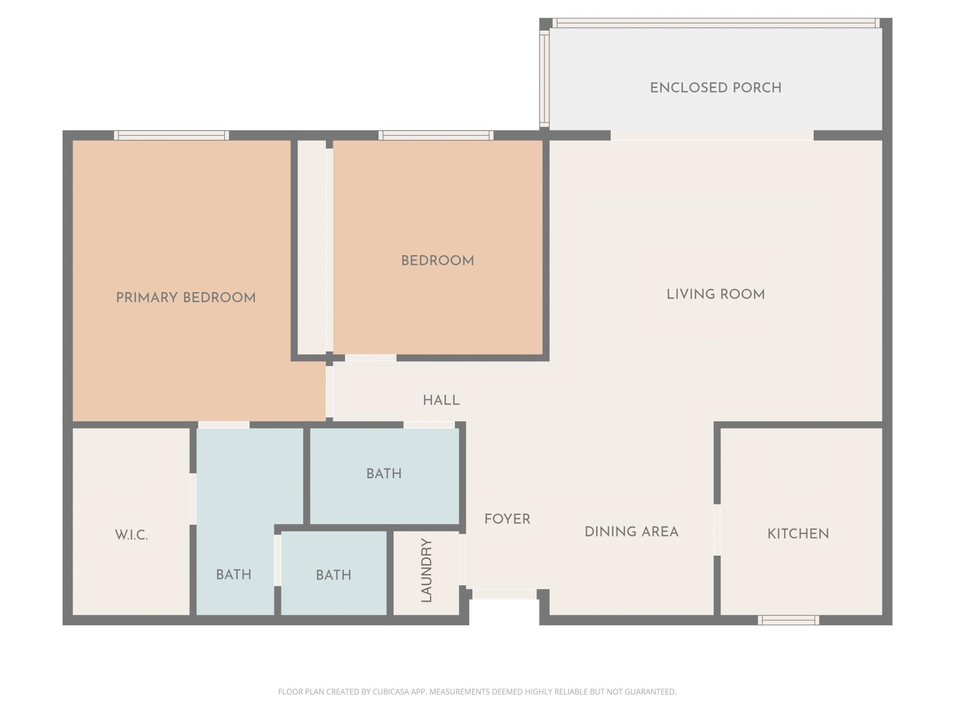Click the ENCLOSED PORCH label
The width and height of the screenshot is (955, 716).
point(715,88)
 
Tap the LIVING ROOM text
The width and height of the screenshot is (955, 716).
point(715,295)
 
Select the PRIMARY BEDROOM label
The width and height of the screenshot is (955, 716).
point(186,298)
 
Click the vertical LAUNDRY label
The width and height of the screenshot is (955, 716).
point(426,570)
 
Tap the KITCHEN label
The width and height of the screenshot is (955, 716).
point(798,534)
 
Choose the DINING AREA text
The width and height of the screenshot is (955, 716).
point(631,532)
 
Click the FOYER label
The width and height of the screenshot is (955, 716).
point(507,519)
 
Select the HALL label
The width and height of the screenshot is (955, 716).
point(441,400)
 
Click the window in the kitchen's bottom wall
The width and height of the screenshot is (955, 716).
point(788,620)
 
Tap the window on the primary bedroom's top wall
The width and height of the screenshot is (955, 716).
point(171,136)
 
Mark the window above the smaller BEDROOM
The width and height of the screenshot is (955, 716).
point(436,136)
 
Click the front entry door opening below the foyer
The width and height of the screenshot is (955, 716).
point(504,594)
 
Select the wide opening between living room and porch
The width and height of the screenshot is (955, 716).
point(712,136)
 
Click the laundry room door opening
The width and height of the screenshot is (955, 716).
point(462,560)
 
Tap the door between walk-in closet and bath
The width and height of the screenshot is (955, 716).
point(193,499)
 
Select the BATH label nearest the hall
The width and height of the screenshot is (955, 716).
point(384,474)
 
